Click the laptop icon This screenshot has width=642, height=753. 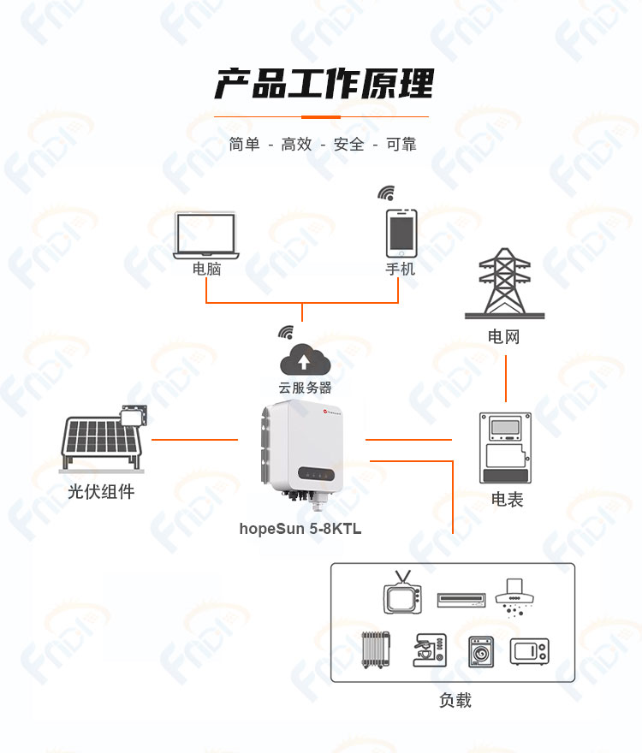tap(206, 236)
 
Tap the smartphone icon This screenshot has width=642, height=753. tap(401, 234)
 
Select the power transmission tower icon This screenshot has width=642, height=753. tap(504, 283)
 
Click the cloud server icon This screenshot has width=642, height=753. tap(305, 359)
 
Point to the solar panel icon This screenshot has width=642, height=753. tap(103, 438)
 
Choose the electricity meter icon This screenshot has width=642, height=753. tap(505, 448)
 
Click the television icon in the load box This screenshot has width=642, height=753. tap(402, 593)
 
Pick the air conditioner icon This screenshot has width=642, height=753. tap(461, 600)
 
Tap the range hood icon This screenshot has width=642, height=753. tap(514, 597)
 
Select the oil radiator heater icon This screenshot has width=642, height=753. tap(376, 649)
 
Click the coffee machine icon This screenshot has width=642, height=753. tap(430, 649)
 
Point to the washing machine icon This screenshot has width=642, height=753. tap(480, 652)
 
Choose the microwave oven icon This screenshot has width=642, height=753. tap(529, 652)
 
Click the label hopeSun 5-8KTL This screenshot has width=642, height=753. tap(300, 529)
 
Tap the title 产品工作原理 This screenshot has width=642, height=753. tap(324, 84)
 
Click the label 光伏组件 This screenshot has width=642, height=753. tap(101, 491)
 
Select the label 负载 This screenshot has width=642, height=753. tap(455, 700)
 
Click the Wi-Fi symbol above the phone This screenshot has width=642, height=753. tap(386, 193)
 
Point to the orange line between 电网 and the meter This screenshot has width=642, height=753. tap(506, 378)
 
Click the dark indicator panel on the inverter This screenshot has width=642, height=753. tap(316, 473)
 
